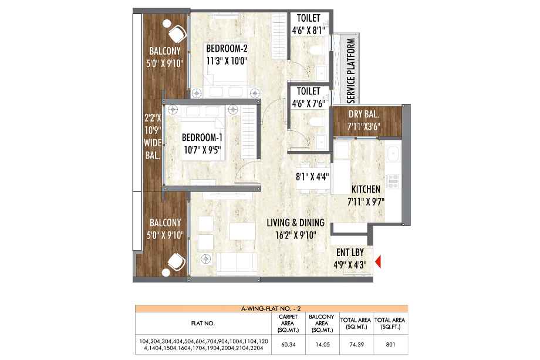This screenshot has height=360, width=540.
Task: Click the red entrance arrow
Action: (378, 261)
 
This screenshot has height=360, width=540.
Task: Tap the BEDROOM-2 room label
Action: (227, 48)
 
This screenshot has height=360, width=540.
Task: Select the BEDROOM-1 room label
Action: (202, 138)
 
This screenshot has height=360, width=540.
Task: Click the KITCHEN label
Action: (366, 189)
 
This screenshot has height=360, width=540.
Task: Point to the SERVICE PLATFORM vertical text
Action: (351, 70)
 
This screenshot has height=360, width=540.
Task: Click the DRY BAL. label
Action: (364, 114)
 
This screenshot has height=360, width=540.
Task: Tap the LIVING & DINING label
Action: (295, 223)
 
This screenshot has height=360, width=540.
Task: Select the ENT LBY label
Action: (350, 253)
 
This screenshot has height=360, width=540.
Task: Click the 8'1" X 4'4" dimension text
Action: (312, 177)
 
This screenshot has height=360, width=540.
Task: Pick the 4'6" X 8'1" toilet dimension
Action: (308, 31)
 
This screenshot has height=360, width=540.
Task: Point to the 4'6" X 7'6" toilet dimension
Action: (308, 103)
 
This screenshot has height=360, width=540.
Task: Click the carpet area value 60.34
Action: (288, 345)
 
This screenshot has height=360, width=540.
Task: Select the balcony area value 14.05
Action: (322, 345)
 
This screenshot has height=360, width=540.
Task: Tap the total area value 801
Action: (390, 345)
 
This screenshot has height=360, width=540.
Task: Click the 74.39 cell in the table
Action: (356, 345)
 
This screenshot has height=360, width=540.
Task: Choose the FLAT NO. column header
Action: (203, 324)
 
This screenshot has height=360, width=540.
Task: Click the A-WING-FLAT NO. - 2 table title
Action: (271, 309)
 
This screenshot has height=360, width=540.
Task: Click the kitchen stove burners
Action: (393, 181)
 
